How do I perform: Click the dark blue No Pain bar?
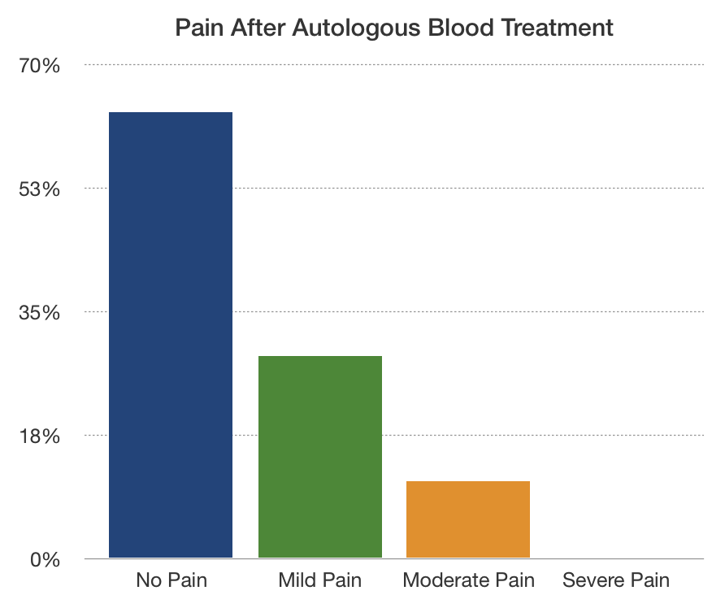click(x=171, y=335)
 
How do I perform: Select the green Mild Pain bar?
click(x=320, y=457)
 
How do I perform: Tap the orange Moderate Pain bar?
click(x=468, y=519)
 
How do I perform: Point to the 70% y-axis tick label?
click(x=40, y=66)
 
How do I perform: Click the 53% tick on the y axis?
click(x=40, y=189)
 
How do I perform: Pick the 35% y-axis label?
click(x=40, y=313)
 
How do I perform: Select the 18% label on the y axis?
click(x=40, y=436)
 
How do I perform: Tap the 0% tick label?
click(x=45, y=561)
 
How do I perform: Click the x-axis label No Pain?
click(x=171, y=580)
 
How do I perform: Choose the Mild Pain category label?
click(x=320, y=580)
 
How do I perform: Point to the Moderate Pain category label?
click(x=469, y=580)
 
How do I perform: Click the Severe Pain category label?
click(x=616, y=580)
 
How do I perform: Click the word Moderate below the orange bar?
click(x=447, y=580)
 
